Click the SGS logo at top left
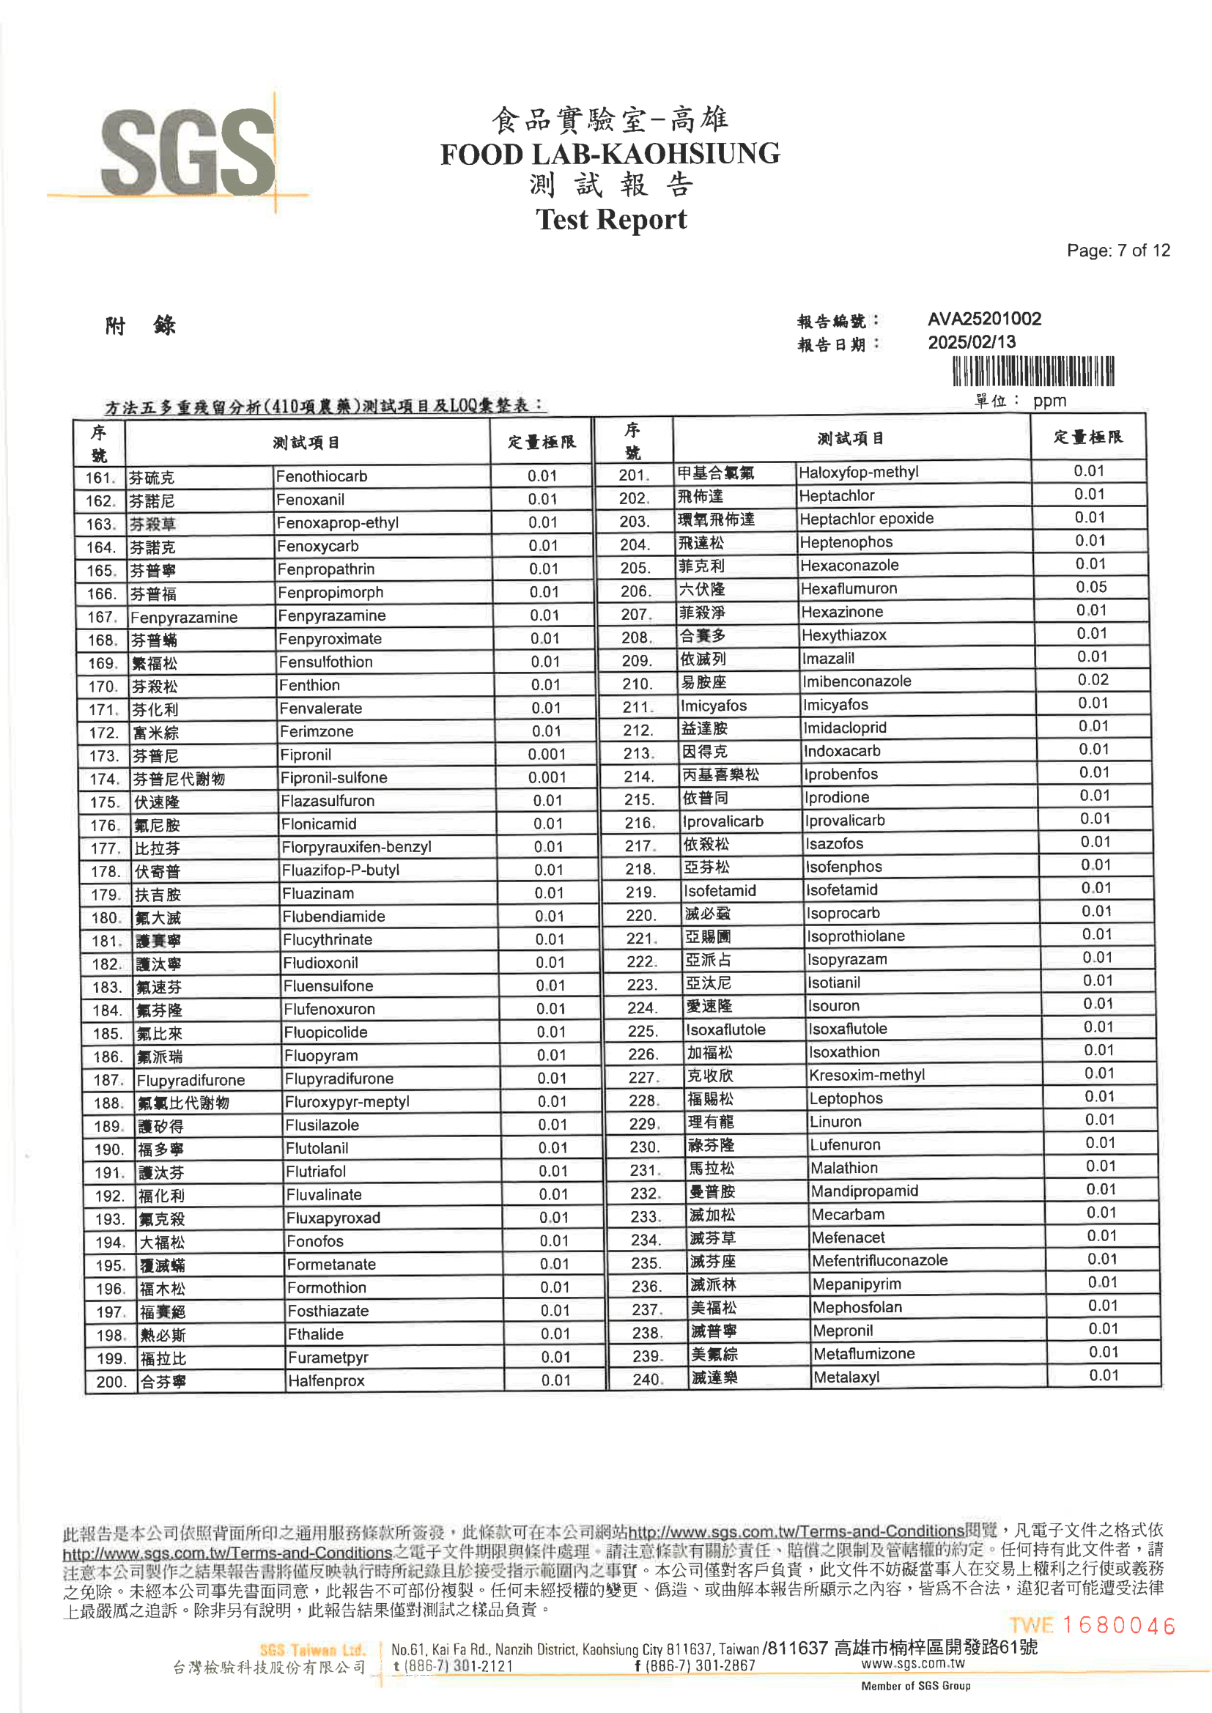pos(188,154)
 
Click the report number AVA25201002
pos(983,319)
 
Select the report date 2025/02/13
pos(971,342)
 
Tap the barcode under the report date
pos(1033,371)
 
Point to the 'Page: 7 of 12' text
pos(1118,251)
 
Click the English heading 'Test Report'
pos(610,219)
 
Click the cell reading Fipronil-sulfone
pos(333,777)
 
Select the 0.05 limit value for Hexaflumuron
pos(1090,587)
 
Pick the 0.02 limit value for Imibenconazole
pos(1093,680)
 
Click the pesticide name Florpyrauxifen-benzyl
pos(356,847)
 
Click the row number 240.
pos(646,1379)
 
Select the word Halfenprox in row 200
pos(326,1380)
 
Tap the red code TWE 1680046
pos(1092,1625)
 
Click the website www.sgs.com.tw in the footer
pos(912,1663)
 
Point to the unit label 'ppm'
pos(1049,401)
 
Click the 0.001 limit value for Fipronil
pos(547,754)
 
